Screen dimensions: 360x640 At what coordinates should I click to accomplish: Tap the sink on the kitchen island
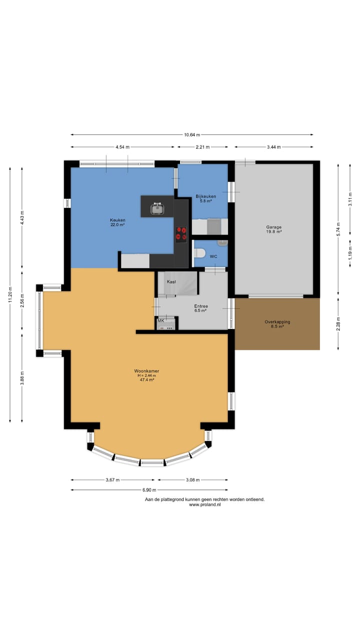(x=157, y=208)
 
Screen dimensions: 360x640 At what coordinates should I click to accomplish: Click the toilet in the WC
(x=199, y=252)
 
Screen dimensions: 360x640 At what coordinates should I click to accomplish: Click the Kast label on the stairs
(x=171, y=281)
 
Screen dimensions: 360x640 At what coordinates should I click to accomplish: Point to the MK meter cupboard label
(x=161, y=320)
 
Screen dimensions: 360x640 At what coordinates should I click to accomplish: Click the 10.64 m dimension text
(x=192, y=134)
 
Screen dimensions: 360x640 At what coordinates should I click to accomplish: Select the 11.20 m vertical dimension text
(x=10, y=294)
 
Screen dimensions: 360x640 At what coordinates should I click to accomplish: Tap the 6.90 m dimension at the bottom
(x=149, y=490)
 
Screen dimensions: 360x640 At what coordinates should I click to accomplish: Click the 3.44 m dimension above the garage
(x=273, y=147)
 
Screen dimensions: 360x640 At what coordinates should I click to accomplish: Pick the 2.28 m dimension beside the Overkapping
(x=338, y=323)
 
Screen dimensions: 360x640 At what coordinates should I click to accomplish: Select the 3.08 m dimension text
(x=193, y=479)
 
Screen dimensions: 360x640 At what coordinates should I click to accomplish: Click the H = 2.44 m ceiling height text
(x=147, y=375)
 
